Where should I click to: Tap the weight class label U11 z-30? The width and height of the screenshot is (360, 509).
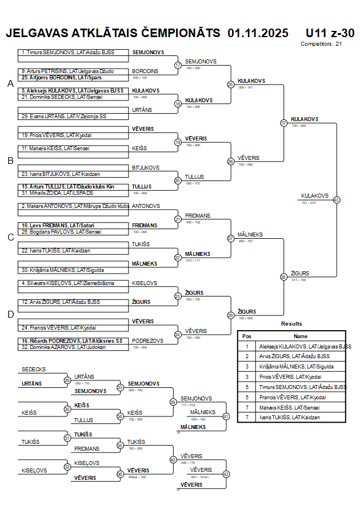pyautogui.click(x=330, y=33)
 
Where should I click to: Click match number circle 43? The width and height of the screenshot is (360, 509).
pyautogui.click(x=337, y=200)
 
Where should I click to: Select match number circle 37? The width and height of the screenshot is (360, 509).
pyautogui.click(x=283, y=123)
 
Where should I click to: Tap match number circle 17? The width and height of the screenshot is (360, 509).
pyautogui.click(x=178, y=65)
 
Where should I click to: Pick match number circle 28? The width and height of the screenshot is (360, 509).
pyautogui.click(x=231, y=315)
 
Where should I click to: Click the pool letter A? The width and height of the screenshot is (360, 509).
pyautogui.click(x=10, y=84)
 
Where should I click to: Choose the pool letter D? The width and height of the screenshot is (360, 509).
pyautogui.click(x=10, y=314)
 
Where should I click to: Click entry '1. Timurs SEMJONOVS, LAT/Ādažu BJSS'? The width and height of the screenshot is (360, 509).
pyautogui.click(x=67, y=53)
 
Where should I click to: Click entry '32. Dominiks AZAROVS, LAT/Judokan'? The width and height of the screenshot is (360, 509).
pyautogui.click(x=63, y=347)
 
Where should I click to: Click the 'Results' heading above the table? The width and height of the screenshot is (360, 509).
pyautogui.click(x=291, y=324)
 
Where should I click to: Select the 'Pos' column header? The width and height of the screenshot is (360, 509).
pyautogui.click(x=247, y=336)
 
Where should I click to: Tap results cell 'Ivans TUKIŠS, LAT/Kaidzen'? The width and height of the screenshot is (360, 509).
pyautogui.click(x=289, y=417)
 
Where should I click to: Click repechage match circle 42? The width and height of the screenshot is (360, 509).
pyautogui.click(x=226, y=474)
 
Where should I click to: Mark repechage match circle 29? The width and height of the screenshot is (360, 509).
pyautogui.click(x=67, y=380)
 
